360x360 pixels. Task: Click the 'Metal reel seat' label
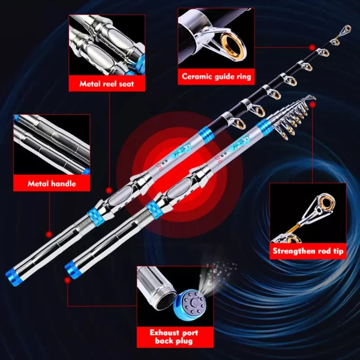pyautogui.click(x=107, y=83)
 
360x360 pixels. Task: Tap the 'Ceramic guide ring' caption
pyautogui.click(x=216, y=76)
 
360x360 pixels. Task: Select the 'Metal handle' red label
pyautogui.click(x=52, y=183)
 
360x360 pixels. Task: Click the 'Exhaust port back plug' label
pyautogui.click(x=175, y=337)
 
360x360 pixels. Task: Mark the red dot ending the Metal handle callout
pyautogui.click(x=49, y=234)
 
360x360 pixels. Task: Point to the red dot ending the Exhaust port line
pyautogui.click(x=67, y=279)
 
